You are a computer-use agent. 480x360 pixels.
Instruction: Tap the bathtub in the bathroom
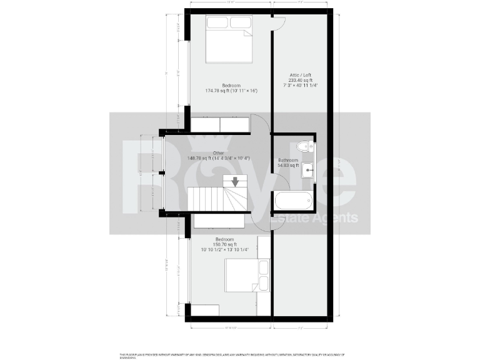[x=292, y=201]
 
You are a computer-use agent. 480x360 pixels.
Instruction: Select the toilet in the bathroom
[x=304, y=147]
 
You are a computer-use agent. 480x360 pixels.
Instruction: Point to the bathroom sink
[x=307, y=170]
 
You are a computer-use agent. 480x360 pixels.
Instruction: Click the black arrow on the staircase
[x=235, y=182]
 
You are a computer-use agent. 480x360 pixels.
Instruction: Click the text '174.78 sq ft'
[x=216, y=91]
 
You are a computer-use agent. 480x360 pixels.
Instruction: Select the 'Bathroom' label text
[x=288, y=161]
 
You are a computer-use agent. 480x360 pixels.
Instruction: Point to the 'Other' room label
[x=218, y=152]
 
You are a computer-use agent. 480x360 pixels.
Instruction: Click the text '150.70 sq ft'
[x=225, y=244]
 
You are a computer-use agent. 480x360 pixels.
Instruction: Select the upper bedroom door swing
[x=259, y=123]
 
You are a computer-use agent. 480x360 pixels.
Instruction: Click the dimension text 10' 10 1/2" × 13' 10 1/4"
[x=225, y=250]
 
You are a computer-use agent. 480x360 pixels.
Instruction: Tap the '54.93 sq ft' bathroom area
[x=288, y=166]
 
